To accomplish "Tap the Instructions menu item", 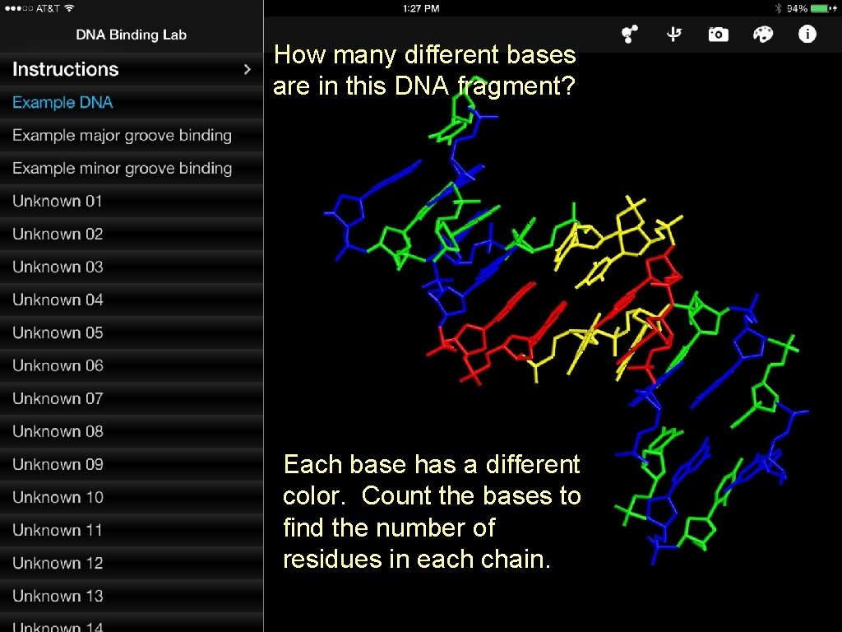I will coord(66,69).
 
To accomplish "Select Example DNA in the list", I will coord(62,103).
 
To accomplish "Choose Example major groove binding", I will coord(122,136).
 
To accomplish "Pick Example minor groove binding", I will coord(122,169).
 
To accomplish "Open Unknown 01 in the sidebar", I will coord(58,202).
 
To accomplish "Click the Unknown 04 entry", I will coord(58,300).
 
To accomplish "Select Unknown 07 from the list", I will coord(58,399).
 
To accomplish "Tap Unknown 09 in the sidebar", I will coord(58,465).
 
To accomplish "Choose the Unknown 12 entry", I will coord(58,564).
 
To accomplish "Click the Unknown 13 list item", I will coord(58,597).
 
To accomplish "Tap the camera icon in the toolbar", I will coord(718,35).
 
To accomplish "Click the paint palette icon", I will coord(763,35).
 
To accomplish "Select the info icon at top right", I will coord(807,35).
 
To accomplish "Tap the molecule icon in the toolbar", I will coord(630,35).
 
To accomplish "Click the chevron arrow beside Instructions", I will coord(247,69).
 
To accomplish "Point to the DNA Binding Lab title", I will coord(132,35).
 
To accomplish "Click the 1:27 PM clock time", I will coord(421,8).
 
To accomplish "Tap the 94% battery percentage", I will coord(797,8).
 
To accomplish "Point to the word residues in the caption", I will coord(328,560).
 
